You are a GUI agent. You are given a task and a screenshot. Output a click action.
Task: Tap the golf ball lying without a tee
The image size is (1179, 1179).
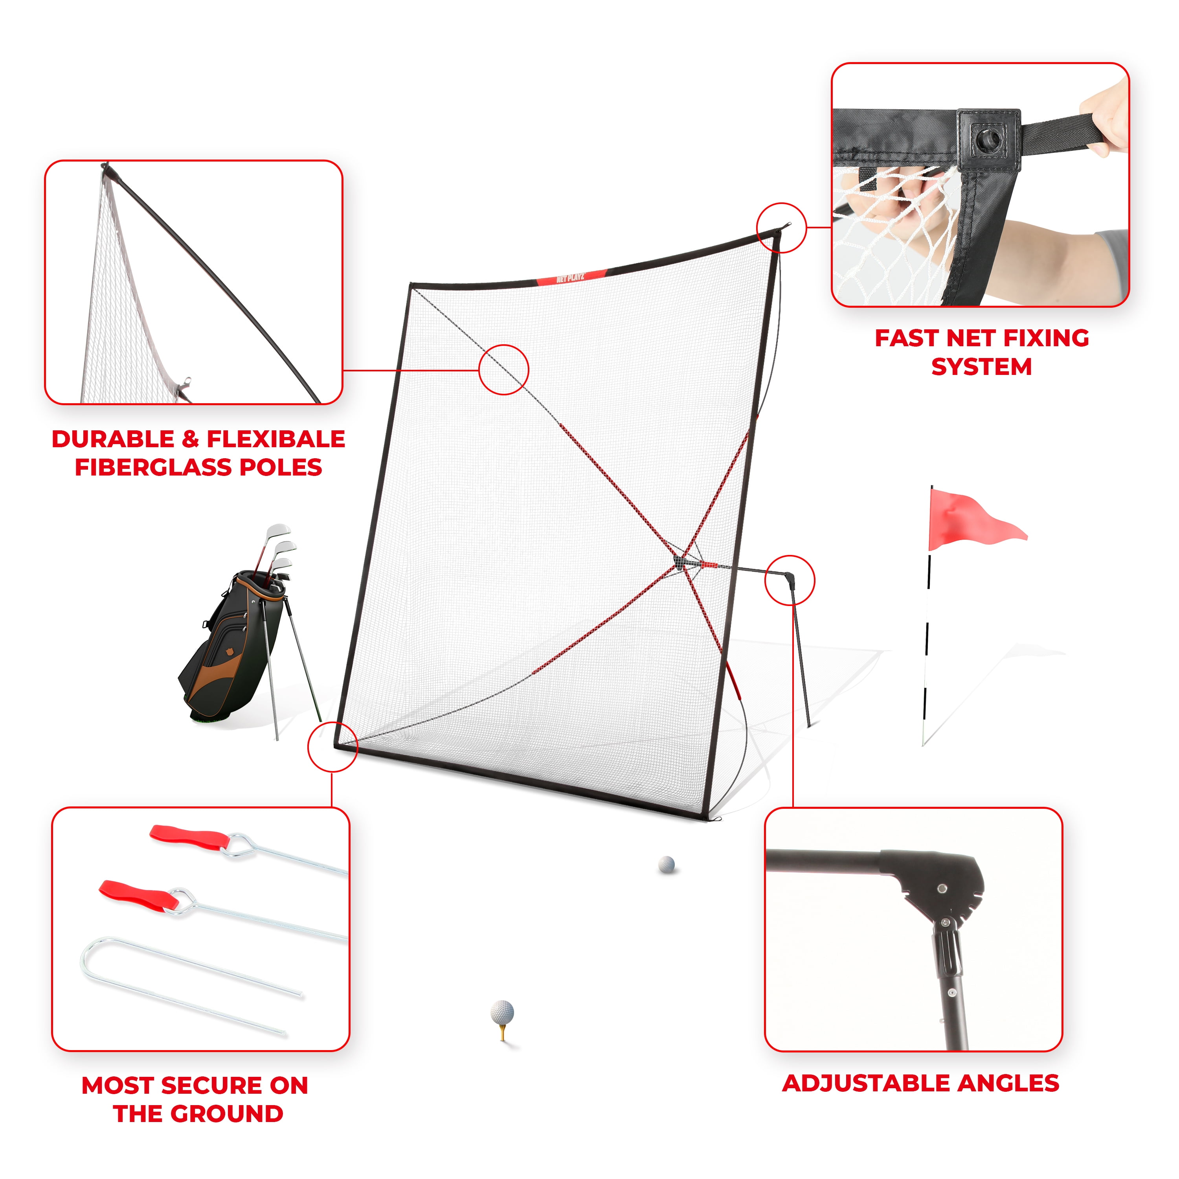point(667,864)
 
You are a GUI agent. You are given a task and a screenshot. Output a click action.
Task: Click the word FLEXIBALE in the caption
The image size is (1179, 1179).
point(276,439)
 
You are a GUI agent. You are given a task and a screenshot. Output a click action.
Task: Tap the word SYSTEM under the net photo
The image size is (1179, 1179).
point(981,367)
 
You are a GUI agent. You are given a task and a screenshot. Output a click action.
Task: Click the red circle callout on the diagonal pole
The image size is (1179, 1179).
point(503,370)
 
